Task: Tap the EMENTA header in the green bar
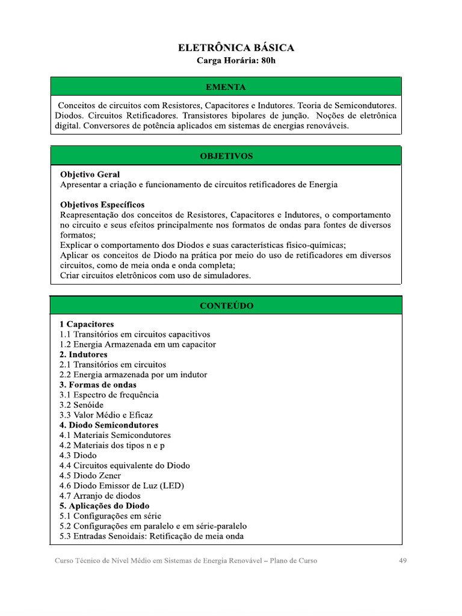226,87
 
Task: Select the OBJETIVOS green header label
226,156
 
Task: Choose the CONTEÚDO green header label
226,306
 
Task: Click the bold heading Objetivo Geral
90,174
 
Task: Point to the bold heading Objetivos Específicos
102,205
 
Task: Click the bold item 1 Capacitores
87,324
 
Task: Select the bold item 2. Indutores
84,354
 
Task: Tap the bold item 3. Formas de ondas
98,384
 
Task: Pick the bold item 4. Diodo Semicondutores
109,425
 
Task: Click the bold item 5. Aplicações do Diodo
105,506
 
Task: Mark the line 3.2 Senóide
81,405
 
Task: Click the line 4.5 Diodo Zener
90,475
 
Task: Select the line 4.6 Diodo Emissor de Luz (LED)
122,485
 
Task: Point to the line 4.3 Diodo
78,455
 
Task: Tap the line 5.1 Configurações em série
111,516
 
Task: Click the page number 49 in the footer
403,561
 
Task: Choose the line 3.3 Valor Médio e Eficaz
106,415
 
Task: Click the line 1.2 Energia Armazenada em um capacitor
138,344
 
